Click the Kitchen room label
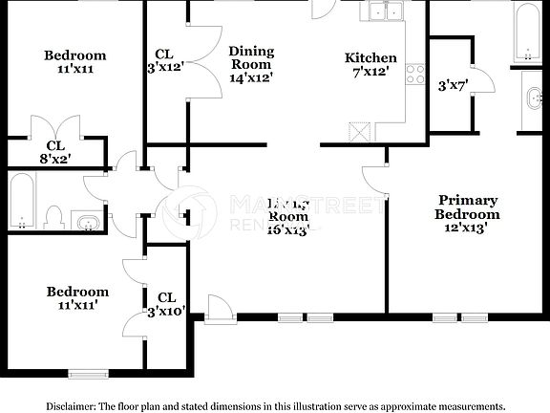click(370, 58)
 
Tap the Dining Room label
click(251, 57)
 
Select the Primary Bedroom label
click(468, 207)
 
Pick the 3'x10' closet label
click(167, 312)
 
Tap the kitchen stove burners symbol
click(415, 73)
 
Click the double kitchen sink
click(386, 11)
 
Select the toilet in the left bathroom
click(53, 217)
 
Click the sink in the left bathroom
click(89, 223)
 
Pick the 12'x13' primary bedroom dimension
click(468, 228)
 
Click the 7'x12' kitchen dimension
click(370, 72)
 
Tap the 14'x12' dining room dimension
click(251, 77)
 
